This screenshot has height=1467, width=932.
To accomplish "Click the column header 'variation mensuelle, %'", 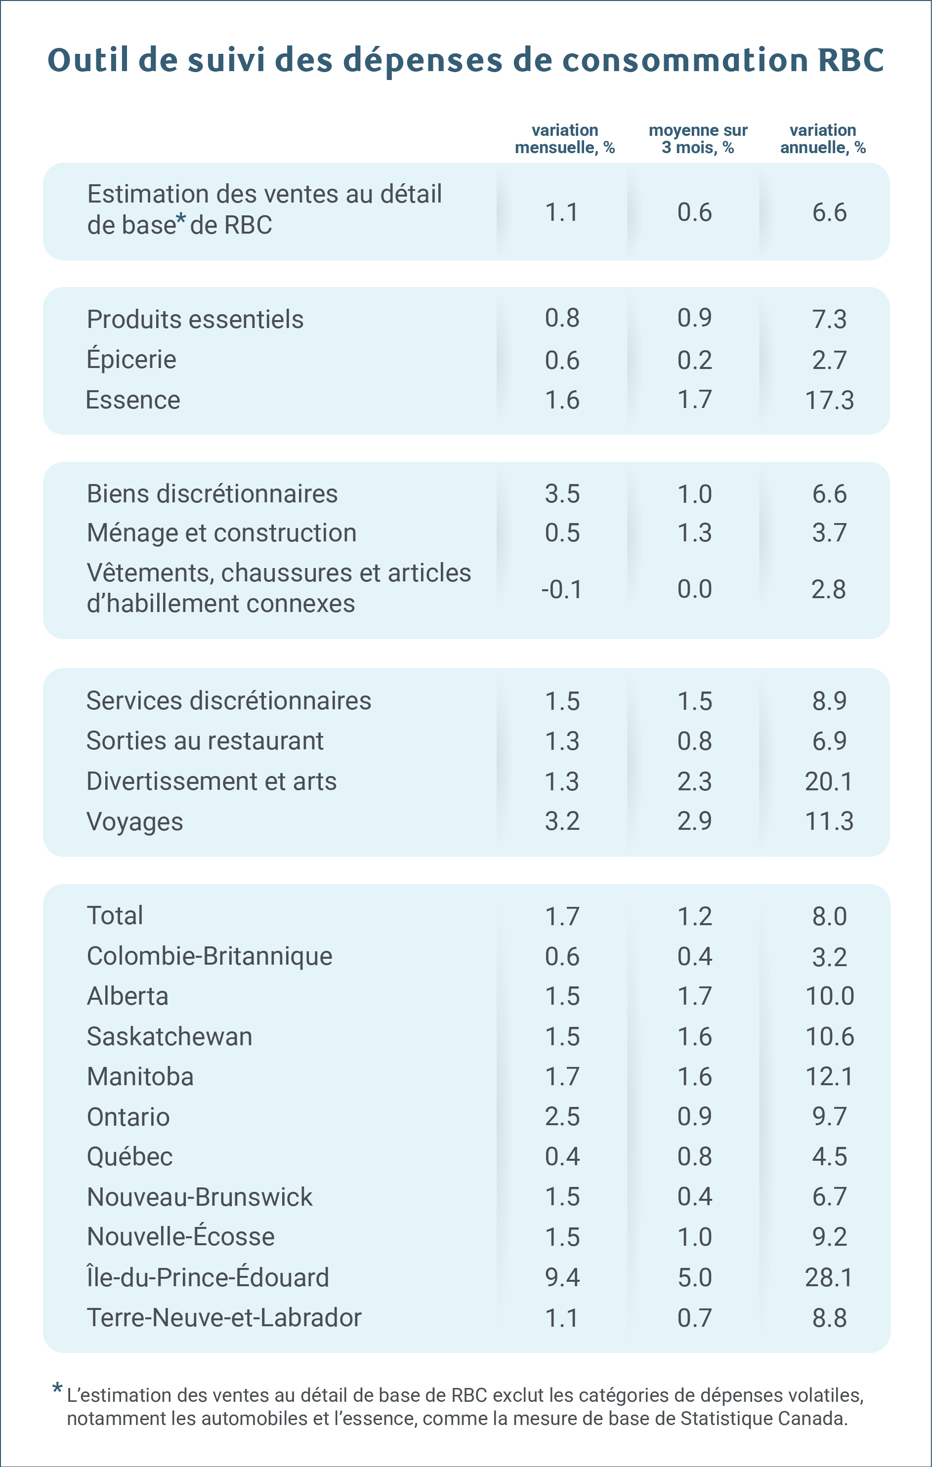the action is pyautogui.click(x=564, y=139).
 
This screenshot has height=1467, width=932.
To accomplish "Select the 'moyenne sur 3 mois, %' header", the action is pyautogui.click(x=698, y=139).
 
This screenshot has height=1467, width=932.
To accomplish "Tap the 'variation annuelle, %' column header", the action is pyautogui.click(x=823, y=139).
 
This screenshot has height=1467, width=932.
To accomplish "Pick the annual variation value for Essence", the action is pyautogui.click(x=830, y=400).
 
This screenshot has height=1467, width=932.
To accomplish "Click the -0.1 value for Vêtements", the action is pyautogui.click(x=561, y=589).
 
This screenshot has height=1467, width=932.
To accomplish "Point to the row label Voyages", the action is pyautogui.click(x=135, y=822).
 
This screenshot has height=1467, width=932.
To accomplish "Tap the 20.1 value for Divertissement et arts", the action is pyautogui.click(x=829, y=781).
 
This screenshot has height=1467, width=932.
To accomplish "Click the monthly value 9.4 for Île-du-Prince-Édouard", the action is pyautogui.click(x=562, y=1277).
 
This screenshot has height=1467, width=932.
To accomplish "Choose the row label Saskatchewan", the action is pyautogui.click(x=169, y=1036).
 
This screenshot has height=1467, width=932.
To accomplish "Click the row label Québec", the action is pyautogui.click(x=130, y=1156).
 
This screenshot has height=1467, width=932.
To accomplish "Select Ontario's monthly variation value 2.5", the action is pyautogui.click(x=562, y=1116).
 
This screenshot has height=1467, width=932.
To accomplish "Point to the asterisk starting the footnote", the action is pyautogui.click(x=57, y=1389).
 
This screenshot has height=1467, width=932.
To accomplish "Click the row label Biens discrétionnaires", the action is pyautogui.click(x=212, y=493).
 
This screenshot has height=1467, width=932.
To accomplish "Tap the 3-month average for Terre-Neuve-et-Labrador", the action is pyautogui.click(x=695, y=1318).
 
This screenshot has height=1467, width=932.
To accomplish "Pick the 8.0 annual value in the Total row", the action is pyautogui.click(x=830, y=916).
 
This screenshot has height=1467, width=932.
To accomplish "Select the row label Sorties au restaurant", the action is pyautogui.click(x=205, y=741).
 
